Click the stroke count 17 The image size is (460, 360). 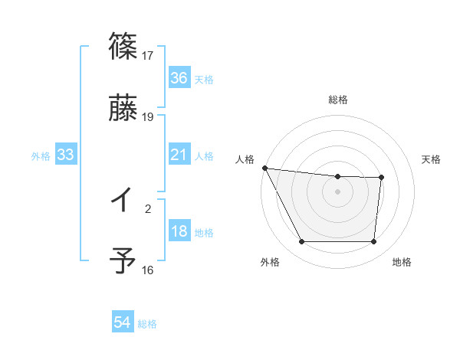[148, 55]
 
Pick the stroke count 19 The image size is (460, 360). [148, 117]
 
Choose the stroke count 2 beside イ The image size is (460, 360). [148, 208]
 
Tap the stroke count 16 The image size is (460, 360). [148, 270]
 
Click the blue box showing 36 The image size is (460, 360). [179, 78]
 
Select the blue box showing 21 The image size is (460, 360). [179, 155]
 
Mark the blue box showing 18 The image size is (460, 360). [179, 232]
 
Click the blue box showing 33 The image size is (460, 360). [66, 155]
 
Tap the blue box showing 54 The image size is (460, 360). [123, 323]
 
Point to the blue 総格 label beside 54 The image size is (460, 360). [147, 324]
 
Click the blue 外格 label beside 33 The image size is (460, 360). [41, 156]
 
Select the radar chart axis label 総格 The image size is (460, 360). [338, 100]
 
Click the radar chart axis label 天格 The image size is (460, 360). [431, 159]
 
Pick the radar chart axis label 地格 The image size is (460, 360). [402, 262]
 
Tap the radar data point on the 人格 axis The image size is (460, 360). [264, 168]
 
